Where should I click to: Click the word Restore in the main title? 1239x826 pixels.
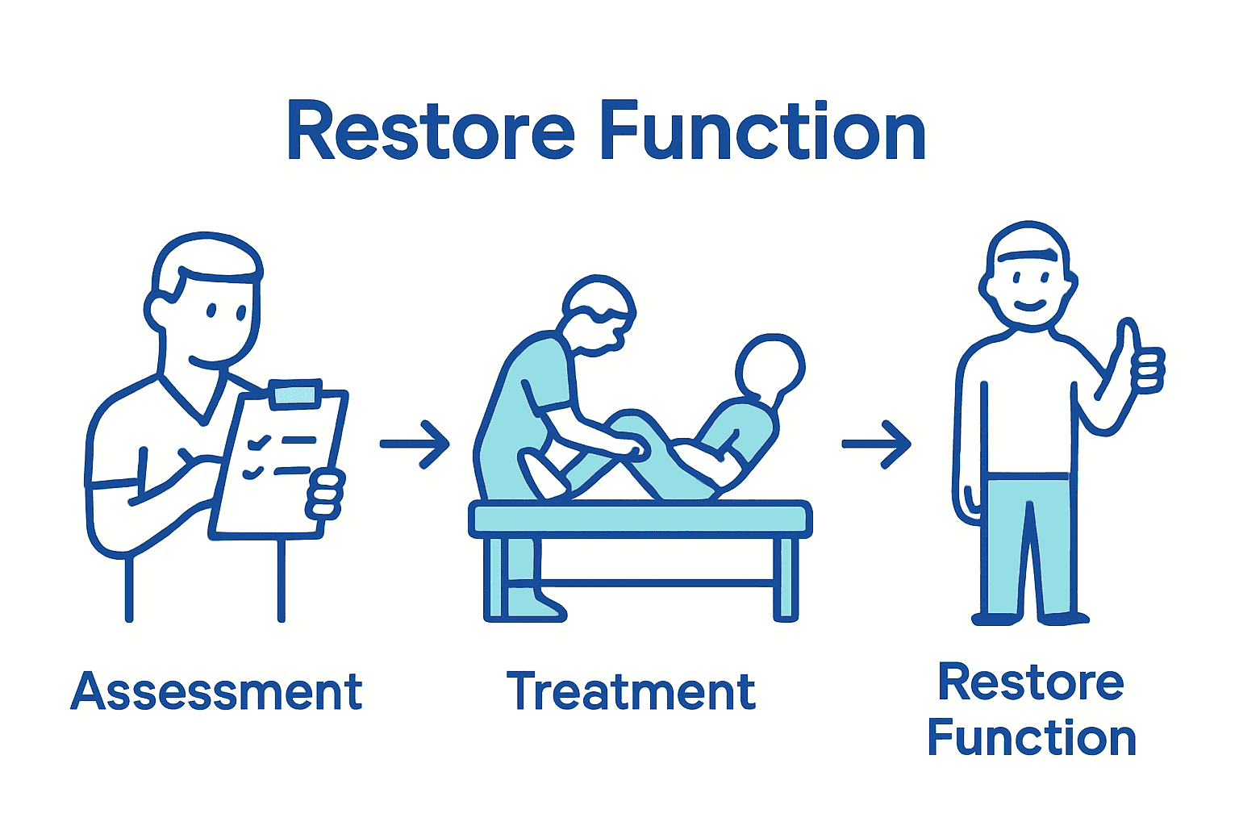pos(430,131)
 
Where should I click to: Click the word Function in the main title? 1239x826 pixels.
pos(763,131)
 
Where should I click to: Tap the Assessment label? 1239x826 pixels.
pos(216,692)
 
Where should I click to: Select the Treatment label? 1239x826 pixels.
pos(631,692)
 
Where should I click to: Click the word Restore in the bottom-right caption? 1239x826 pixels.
pos(1031,683)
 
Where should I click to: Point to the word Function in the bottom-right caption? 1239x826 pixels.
pos(1031,738)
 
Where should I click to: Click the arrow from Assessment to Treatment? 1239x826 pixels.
pos(415,444)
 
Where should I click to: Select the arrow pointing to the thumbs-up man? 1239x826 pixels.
pos(877,444)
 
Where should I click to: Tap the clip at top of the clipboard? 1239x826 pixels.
pos(296,394)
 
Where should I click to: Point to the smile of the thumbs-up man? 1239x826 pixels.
pos(1029,306)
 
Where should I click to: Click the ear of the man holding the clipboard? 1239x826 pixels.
pos(156,309)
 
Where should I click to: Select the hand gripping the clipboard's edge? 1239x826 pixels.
pos(325,494)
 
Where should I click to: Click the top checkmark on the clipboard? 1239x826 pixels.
pos(259,442)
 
